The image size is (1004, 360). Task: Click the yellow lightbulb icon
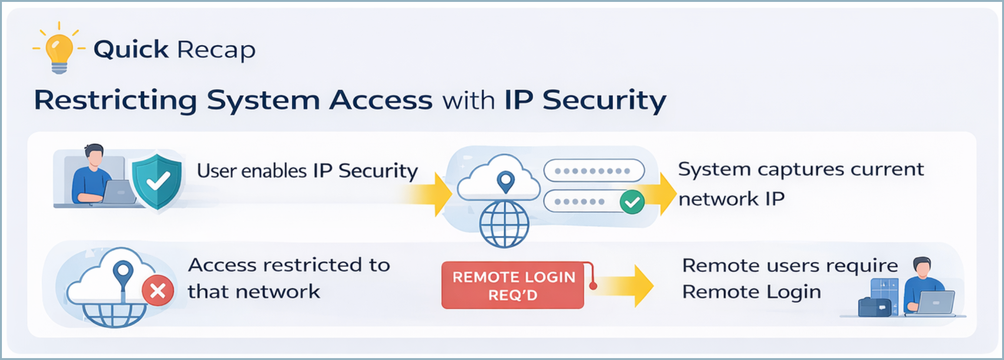[59, 49]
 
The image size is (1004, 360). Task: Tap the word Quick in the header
[131, 49]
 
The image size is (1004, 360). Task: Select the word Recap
[216, 50]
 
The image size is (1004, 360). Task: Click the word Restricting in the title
[115, 101]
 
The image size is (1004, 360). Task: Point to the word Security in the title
[604, 101]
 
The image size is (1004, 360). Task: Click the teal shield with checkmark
[156, 180]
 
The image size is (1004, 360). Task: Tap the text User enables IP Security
[307, 171]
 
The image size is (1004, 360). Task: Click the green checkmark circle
[632, 202]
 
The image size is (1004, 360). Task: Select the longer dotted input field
[594, 171]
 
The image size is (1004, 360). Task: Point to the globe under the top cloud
[504, 224]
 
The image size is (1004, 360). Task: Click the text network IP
[731, 199]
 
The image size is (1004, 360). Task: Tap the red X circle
[158, 291]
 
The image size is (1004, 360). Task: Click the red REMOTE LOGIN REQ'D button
[513, 285]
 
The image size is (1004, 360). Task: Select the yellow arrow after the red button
[627, 286]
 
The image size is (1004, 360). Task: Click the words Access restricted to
[289, 265]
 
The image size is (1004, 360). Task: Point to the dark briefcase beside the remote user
[874, 307]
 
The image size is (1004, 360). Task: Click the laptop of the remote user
[934, 303]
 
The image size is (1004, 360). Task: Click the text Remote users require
[790, 265]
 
